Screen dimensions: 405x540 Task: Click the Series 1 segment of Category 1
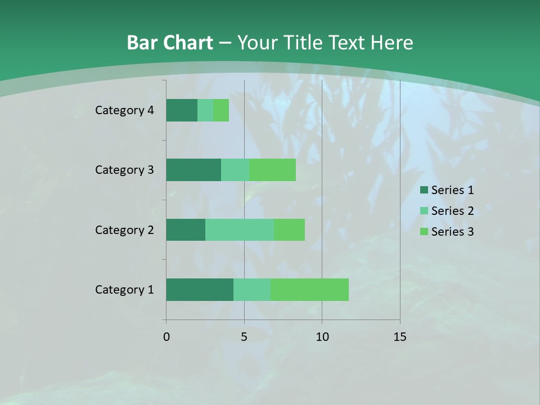tap(200, 290)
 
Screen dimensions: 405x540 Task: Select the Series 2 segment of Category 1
tap(252, 290)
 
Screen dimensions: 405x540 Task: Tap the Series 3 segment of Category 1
tap(309, 290)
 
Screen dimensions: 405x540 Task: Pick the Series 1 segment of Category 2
tap(186, 229)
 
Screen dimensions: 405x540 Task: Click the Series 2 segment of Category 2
tap(240, 229)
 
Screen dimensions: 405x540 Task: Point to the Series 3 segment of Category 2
tap(289, 229)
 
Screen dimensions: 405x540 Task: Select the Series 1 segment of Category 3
tap(193, 170)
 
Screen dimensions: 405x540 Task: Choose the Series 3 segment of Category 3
tap(272, 170)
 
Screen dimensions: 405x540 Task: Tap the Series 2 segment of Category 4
tap(205, 110)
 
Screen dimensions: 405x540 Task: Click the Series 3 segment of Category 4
tap(221, 110)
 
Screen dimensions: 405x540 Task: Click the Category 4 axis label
tap(124, 110)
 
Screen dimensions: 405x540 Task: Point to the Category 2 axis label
tap(124, 229)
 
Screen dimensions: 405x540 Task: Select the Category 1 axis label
tap(124, 290)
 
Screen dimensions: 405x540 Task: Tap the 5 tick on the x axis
tap(244, 337)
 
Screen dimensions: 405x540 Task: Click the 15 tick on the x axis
tap(400, 337)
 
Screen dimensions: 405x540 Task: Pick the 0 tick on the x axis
tap(166, 337)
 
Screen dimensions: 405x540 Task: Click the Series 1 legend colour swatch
tap(424, 190)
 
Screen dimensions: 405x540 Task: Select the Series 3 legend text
tap(452, 232)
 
